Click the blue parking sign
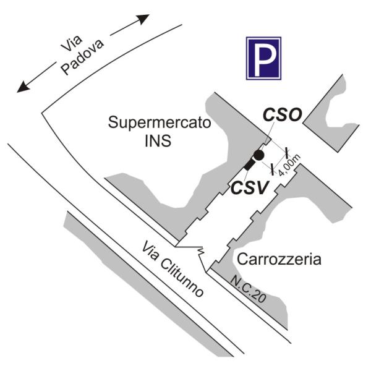(263, 58)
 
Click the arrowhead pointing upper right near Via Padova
(143, 19)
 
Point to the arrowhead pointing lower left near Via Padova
(23, 87)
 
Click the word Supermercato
(160, 122)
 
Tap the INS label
(158, 140)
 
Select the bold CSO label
(283, 115)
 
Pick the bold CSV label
(250, 187)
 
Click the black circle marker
(258, 155)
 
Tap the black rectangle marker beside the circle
(249, 164)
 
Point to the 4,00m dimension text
(289, 165)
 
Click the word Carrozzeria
(279, 259)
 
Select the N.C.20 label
(248, 289)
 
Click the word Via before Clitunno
(150, 251)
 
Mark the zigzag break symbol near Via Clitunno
(200, 252)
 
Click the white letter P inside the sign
(264, 60)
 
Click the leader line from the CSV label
(246, 176)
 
